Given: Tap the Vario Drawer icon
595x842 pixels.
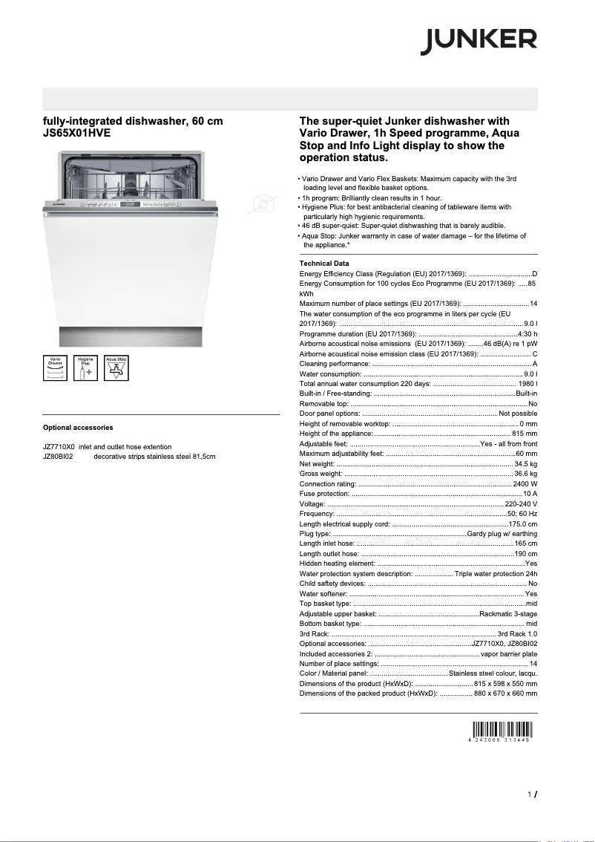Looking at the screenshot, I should [55, 368].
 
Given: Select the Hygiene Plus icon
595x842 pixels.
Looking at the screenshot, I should [85, 368].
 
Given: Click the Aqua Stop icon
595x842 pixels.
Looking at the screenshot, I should [116, 368].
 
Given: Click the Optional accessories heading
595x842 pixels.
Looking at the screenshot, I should [78, 428].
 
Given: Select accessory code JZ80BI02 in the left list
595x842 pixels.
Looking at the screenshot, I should [58, 457].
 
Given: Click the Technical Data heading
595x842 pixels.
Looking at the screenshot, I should [323, 264].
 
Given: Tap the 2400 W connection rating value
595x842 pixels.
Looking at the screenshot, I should [525, 484].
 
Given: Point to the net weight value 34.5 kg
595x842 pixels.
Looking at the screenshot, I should [525, 464].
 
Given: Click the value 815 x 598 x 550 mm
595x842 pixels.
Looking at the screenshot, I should [505, 683].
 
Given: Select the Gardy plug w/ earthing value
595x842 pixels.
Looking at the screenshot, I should [502, 534].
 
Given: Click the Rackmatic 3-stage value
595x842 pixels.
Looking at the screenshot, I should [508, 614].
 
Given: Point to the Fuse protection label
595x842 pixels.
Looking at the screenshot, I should [324, 494].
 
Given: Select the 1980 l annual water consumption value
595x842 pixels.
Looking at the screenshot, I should [528, 383].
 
